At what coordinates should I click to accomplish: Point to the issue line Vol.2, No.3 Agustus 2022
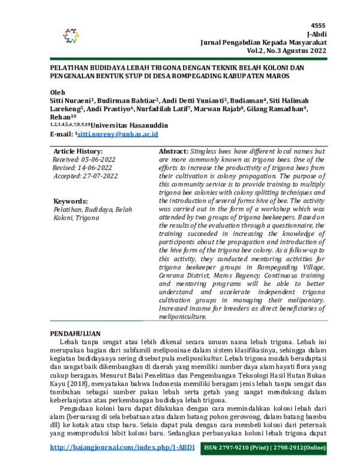coord(286,52)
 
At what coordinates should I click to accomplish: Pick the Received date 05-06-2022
coord(96,160)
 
